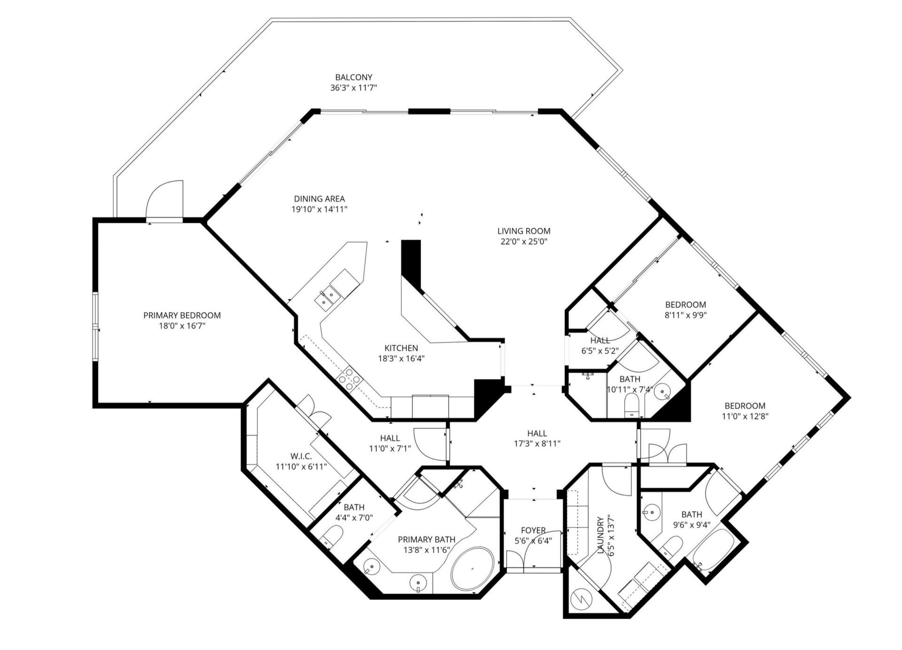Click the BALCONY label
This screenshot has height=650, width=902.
353,77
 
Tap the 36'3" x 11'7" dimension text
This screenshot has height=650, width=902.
353,88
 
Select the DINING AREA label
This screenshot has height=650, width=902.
319,199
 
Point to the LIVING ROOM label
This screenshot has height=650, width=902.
524,231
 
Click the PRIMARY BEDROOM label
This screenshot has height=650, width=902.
182,315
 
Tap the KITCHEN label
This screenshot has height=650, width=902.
401,348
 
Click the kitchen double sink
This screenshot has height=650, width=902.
328,297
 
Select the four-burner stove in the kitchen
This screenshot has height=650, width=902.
350,379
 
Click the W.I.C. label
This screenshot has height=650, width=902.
301,456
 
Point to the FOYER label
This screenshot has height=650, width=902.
533,530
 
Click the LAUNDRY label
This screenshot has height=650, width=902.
600,535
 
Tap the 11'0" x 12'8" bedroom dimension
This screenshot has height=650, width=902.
745,416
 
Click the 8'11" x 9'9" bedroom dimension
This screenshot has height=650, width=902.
685,315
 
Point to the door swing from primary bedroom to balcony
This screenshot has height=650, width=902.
165,200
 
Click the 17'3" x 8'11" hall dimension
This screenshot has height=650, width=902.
537,443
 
